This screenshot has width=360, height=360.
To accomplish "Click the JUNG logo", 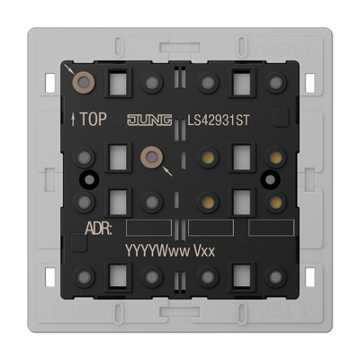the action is click(x=149, y=120).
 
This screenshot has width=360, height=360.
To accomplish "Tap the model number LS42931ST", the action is click(x=219, y=121).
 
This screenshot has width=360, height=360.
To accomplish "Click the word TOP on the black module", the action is click(x=94, y=119).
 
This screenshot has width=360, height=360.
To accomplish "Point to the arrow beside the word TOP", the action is click(x=73, y=119).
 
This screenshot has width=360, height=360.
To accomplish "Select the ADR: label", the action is click(x=98, y=229).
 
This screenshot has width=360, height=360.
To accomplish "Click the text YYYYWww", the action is click(x=157, y=250).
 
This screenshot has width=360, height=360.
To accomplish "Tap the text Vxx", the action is click(x=204, y=251).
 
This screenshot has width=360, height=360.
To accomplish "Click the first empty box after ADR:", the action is click(x=148, y=228).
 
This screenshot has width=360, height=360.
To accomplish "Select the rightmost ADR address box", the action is click(x=272, y=228).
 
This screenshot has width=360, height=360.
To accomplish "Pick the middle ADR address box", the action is click(x=211, y=228).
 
